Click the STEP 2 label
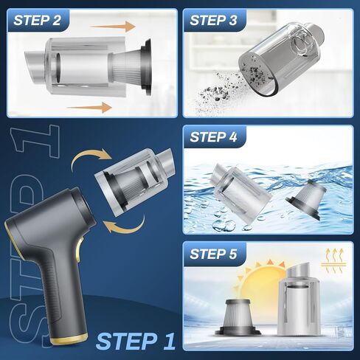tap(37, 20)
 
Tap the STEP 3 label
tap(213, 20)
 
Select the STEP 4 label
tap(213, 136)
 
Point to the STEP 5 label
tap(213, 254)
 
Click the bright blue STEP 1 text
tap(136, 341)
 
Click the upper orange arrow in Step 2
tap(113, 27)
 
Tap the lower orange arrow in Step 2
tap(89, 108)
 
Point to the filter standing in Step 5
tap(237, 317)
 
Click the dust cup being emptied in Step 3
tap(281, 59)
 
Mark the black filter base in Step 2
tap(147, 67)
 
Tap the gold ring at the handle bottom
tap(69, 339)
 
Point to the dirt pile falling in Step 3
tap(216, 92)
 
